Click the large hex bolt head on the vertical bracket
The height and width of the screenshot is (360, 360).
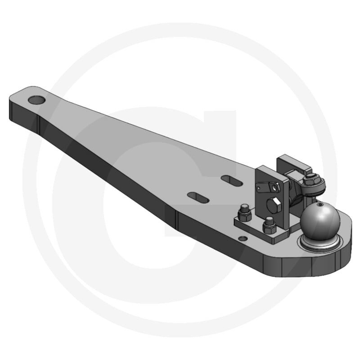[x=274, y=207]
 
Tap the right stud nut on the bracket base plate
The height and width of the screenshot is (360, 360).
[x=269, y=223]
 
